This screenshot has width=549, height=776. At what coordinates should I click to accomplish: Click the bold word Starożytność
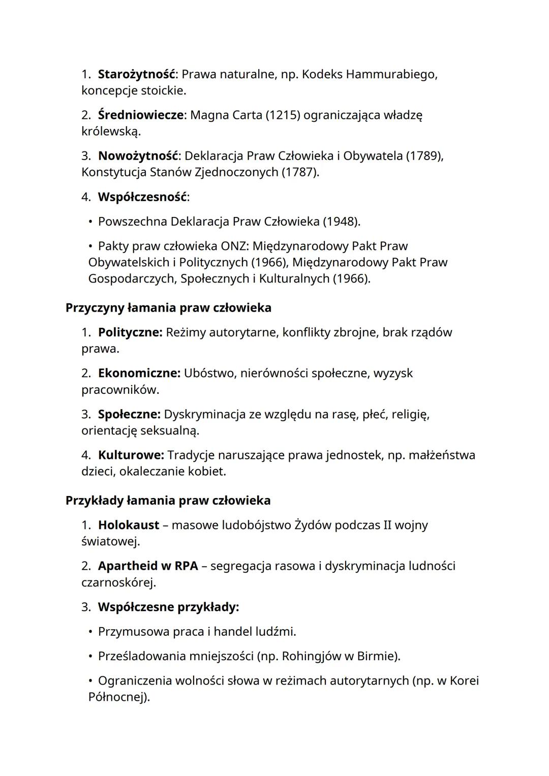click(136, 74)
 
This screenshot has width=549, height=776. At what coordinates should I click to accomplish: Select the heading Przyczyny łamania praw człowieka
click(168, 307)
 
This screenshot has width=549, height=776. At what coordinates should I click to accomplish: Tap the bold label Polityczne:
click(130, 332)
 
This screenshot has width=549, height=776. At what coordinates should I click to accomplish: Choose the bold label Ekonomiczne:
click(139, 373)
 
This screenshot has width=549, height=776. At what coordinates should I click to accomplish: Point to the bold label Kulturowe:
click(131, 455)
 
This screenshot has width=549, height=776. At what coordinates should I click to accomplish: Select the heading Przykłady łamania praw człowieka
click(168, 501)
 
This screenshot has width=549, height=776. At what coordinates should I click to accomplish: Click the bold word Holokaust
click(128, 525)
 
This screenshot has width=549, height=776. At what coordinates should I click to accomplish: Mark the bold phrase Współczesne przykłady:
click(168, 607)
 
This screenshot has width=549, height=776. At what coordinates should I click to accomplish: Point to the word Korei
click(465, 680)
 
